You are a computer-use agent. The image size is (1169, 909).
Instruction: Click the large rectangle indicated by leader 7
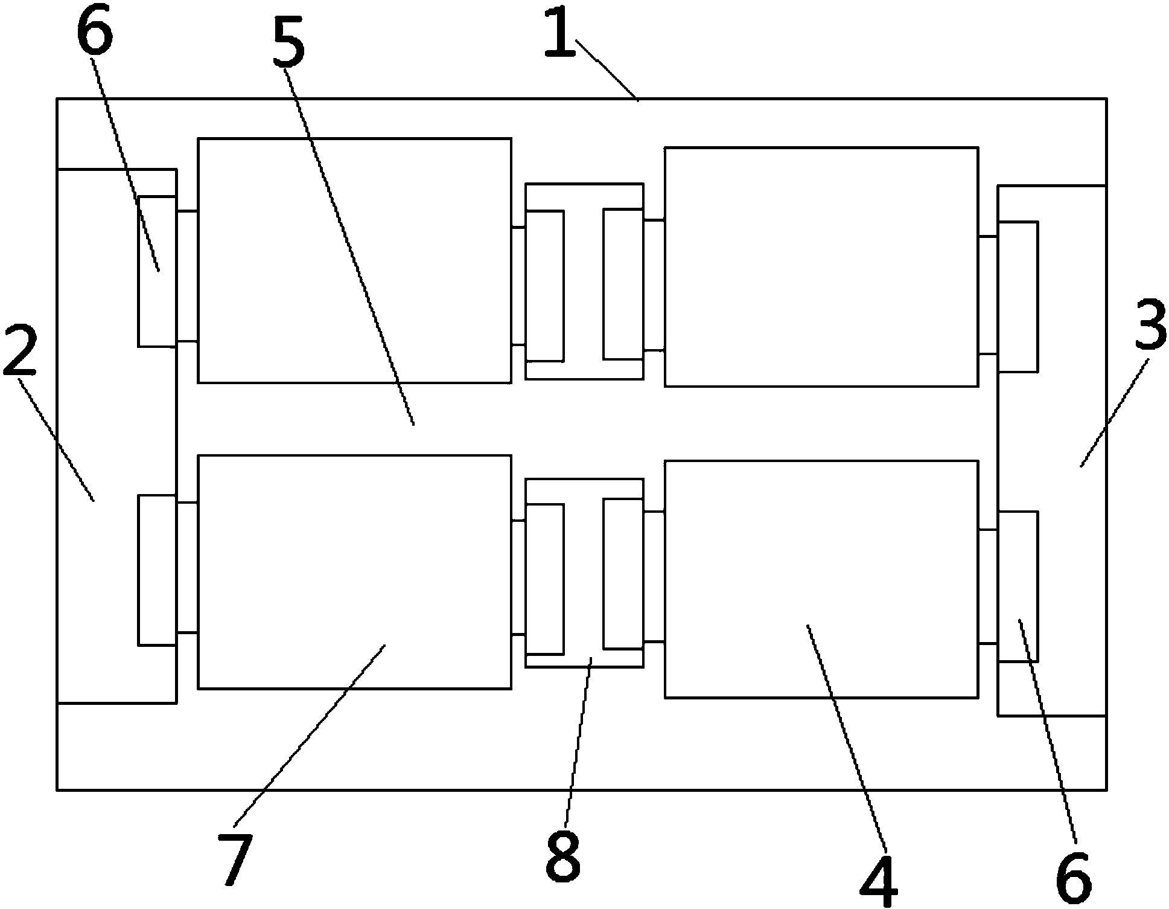point(355,572)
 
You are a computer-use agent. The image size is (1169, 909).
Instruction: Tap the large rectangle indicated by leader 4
point(821,579)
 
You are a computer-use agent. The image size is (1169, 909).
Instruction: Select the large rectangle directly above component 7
point(355,260)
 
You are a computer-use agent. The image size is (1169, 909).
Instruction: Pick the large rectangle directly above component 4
point(821,266)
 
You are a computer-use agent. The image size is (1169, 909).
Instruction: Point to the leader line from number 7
point(310,736)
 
